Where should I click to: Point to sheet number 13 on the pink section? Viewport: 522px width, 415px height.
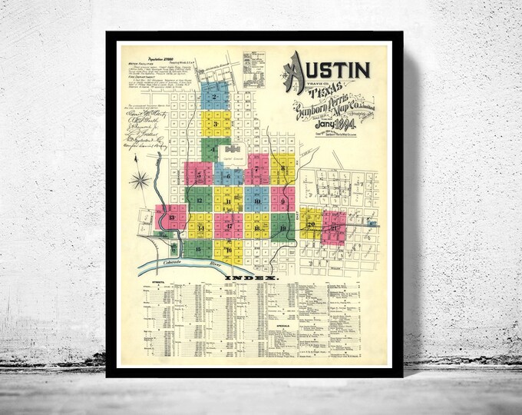click(172, 217)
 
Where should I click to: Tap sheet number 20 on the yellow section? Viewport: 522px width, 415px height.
click(311, 224)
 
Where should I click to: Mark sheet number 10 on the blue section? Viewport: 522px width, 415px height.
click(257, 202)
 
